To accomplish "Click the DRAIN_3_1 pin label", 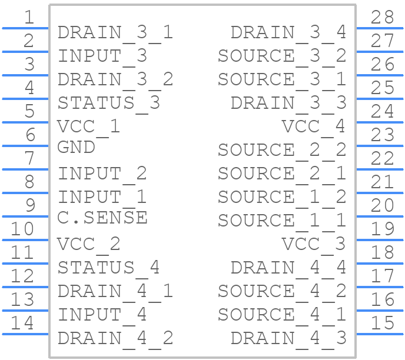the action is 115,33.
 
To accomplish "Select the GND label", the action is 76,148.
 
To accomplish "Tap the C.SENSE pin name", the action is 102,218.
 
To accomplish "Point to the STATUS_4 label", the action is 108,268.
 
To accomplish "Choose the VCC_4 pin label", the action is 314,126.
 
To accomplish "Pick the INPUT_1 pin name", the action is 102,197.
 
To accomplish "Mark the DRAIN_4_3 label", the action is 288,338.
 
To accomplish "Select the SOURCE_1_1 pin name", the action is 282,221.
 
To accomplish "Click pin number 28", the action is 382,17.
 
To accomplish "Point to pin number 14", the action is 22,323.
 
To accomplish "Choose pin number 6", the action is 31,135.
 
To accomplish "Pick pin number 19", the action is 382,229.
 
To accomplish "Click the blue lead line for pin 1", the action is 25,28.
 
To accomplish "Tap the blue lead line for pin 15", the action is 380,334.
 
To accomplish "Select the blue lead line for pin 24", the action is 380,122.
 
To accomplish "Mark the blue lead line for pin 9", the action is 25,216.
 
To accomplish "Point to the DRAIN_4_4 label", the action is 288,268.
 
